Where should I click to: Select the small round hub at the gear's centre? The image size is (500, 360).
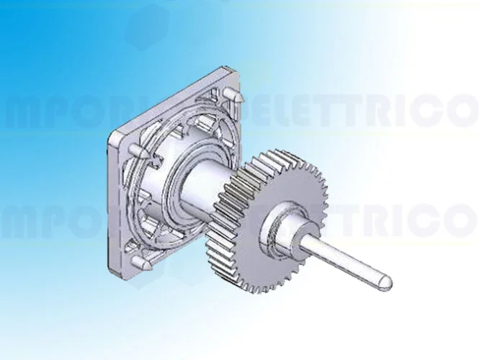pos(280,225)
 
